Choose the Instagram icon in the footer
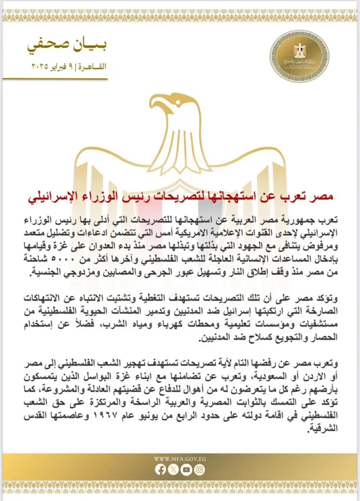click(x=200, y=469)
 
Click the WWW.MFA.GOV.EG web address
click(x=180, y=458)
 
